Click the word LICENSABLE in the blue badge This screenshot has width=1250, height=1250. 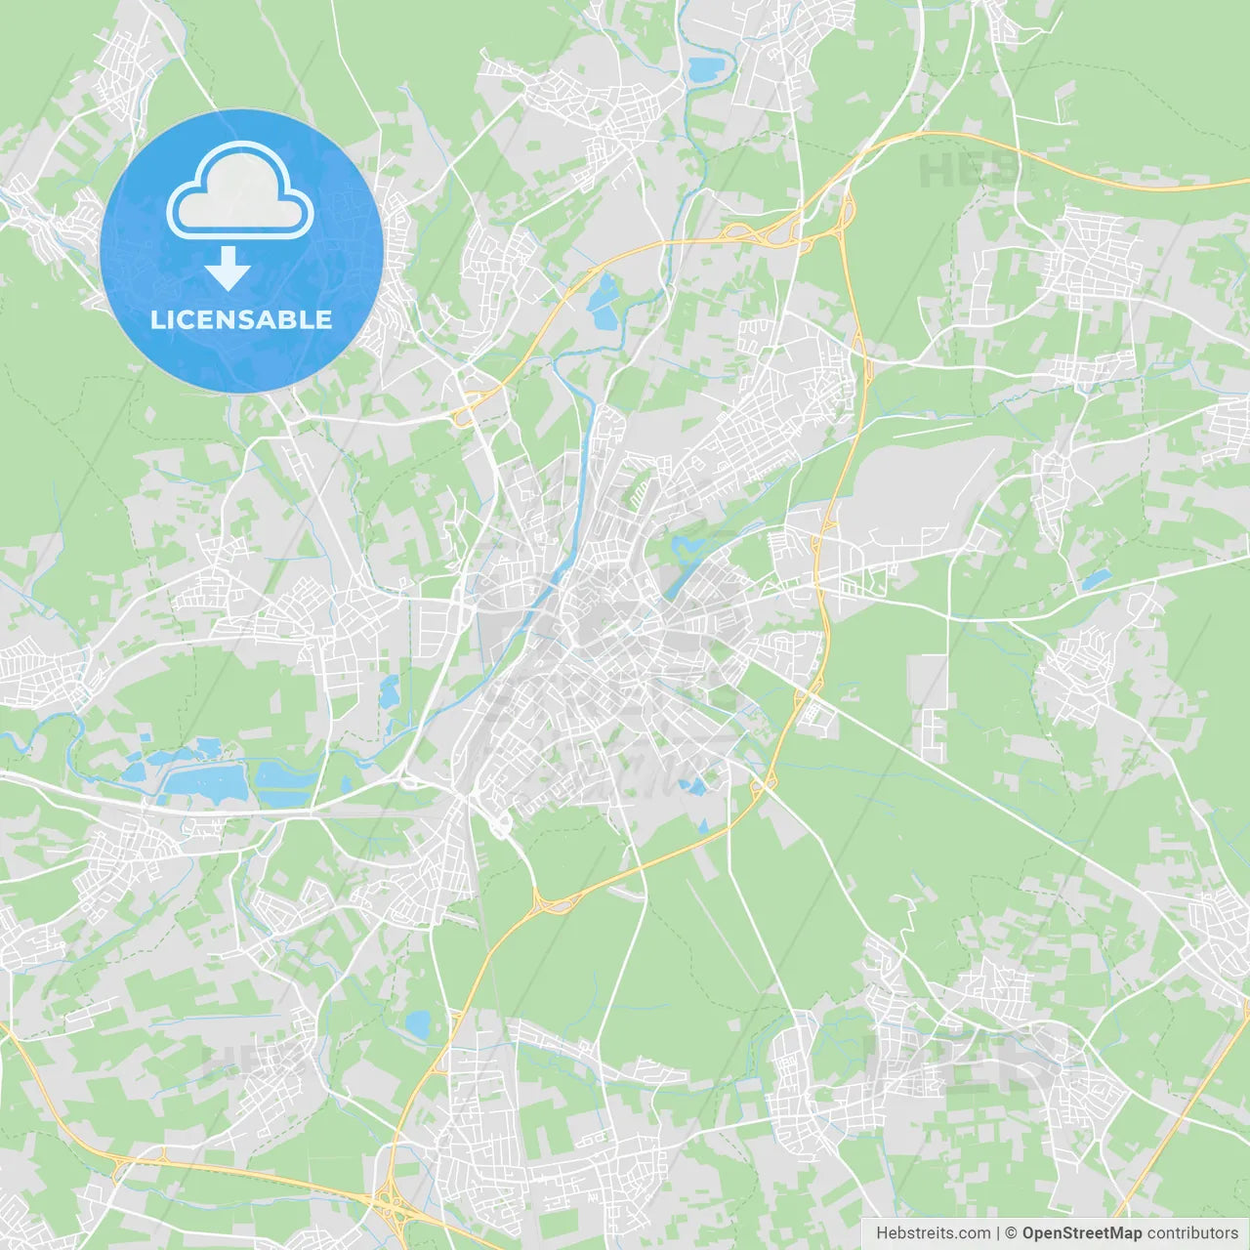[241, 319]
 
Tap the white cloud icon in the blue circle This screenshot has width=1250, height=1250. [240, 190]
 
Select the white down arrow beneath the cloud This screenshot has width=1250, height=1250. [228, 269]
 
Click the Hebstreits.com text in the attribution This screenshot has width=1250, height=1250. [933, 1233]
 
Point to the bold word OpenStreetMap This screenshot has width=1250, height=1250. [1082, 1233]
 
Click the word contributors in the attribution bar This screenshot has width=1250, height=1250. [1192, 1233]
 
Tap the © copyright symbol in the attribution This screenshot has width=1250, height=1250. [1011, 1233]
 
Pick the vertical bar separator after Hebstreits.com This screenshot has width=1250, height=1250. [998, 1233]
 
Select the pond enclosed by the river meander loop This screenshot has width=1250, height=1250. [706, 69]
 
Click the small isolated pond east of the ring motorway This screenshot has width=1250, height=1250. [1096, 579]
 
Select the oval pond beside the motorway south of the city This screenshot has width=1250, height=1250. [418, 1024]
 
